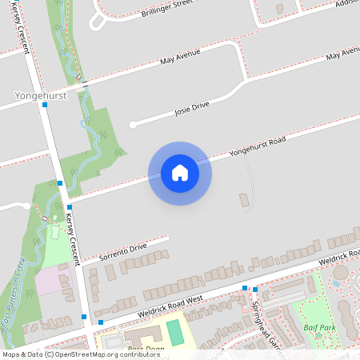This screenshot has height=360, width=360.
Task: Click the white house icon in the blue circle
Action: (x=180, y=172)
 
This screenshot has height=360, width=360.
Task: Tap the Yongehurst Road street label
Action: (x=257, y=144)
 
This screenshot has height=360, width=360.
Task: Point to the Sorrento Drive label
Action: (x=123, y=252)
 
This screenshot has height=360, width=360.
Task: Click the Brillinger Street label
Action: (x=166, y=10)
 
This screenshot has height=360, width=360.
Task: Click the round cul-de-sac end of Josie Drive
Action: (x=133, y=124)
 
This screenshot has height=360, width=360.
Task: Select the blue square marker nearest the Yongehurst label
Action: (x=46, y=104)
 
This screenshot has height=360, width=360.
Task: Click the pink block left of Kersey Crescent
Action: (x=54, y=281)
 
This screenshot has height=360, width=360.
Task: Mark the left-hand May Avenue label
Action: (x=178, y=58)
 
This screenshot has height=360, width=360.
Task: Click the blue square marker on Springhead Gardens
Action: (x=255, y=290)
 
